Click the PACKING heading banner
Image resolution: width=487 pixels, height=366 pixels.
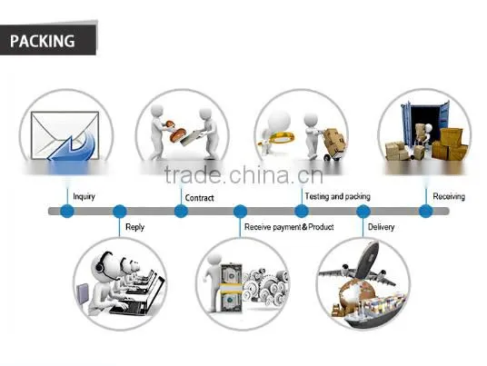click(x=48, y=40)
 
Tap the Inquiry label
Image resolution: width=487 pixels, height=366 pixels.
click(x=84, y=196)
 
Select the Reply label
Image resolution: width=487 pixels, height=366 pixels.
click(x=134, y=227)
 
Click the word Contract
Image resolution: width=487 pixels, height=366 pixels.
click(x=199, y=198)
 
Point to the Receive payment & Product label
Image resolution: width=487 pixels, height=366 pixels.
click(x=289, y=227)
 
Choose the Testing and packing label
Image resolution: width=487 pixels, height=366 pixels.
click(x=338, y=196)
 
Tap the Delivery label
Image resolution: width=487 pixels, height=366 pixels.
click(x=381, y=227)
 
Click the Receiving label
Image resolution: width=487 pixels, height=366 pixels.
click(x=449, y=196)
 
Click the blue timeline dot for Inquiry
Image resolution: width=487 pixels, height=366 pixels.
click(x=67, y=212)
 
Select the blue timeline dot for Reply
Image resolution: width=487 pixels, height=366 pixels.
click(x=119, y=212)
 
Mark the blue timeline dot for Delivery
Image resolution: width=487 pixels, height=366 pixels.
click(x=363, y=212)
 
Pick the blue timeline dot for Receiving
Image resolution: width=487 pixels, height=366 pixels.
click(x=425, y=212)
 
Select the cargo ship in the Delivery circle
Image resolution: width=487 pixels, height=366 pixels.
click(x=373, y=311)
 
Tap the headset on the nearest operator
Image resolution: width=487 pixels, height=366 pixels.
click(x=101, y=264)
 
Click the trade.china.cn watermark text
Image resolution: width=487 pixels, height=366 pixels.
click(x=243, y=174)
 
